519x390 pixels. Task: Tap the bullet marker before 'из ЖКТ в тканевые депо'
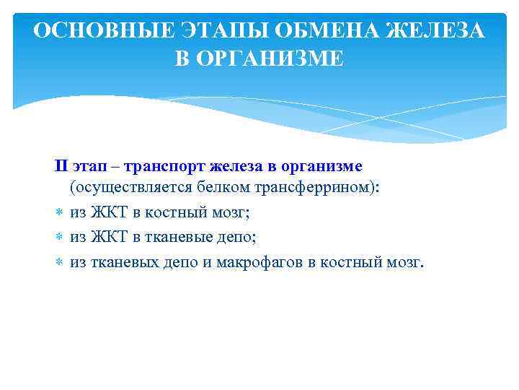[58, 236]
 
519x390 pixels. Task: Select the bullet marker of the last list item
[58, 260]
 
